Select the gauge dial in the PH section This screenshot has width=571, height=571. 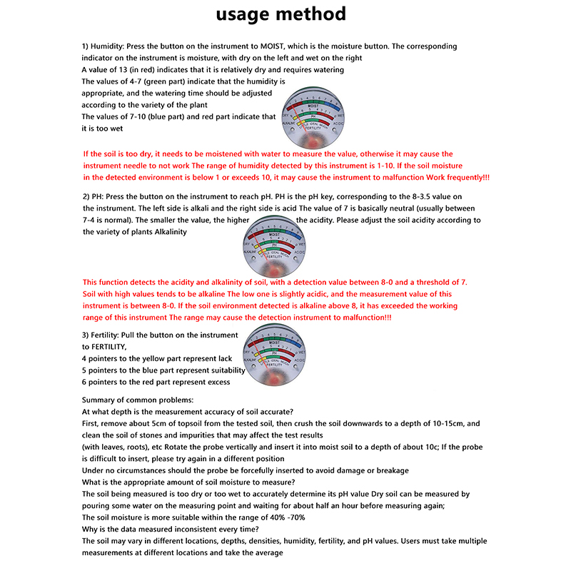pyautogui.click(x=275, y=246)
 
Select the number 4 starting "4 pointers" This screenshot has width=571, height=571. pyautogui.click(x=85, y=358)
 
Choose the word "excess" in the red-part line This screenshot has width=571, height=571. pyautogui.click(x=214, y=382)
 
